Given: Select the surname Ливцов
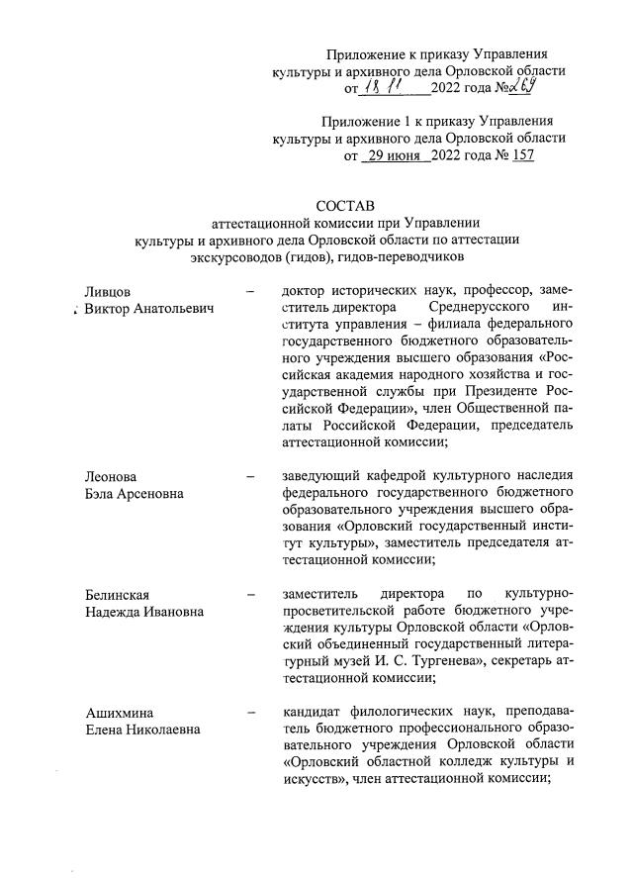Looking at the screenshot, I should point(108,291).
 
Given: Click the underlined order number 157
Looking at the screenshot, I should point(520,155).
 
